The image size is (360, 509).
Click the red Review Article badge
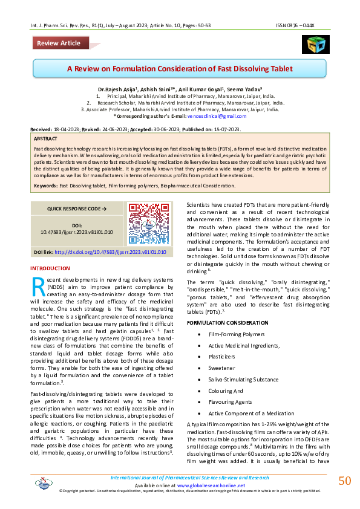58,43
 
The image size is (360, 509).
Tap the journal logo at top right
315,44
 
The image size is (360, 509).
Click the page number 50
344,481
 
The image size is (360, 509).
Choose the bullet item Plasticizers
223,356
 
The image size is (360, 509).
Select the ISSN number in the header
304,25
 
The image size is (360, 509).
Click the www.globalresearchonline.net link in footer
211,485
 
